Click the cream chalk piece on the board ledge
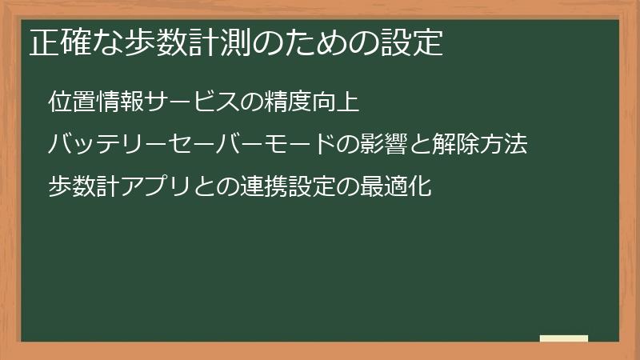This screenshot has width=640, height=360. coord(564,338)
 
